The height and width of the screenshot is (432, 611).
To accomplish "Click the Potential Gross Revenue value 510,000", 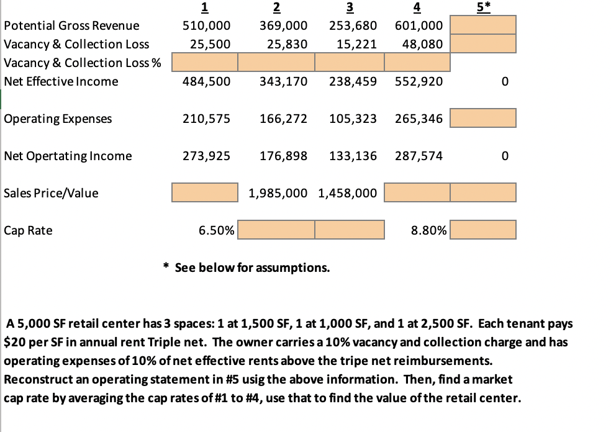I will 206,25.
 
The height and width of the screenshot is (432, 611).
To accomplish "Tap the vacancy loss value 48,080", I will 419,44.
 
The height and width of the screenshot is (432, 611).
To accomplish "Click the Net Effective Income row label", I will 61,81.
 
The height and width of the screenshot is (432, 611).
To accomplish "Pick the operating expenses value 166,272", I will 283,119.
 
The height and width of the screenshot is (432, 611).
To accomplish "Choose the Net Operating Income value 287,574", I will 419,156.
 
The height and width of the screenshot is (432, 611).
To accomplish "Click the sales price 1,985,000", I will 277,193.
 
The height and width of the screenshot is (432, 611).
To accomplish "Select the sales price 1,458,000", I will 347,193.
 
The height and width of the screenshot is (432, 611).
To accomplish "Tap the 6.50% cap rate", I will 216,230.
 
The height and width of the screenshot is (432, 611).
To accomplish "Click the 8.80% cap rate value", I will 428,230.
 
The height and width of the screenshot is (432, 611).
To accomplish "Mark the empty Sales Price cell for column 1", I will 205,193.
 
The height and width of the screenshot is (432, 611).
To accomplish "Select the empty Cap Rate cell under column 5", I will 483,230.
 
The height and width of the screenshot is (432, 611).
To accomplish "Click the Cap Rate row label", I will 28,230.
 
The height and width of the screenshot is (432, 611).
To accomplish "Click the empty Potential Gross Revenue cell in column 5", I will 483,25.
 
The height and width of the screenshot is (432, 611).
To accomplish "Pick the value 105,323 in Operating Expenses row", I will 352,119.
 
